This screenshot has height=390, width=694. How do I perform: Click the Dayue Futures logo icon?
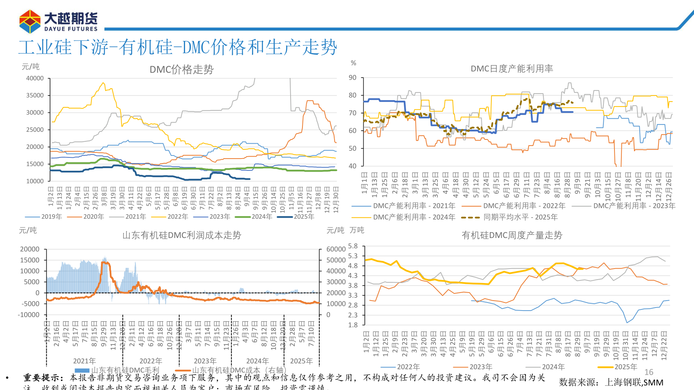coord(30,21)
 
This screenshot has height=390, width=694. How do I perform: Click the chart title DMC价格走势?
coord(181,70)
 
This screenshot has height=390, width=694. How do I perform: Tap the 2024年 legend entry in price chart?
coord(262,217)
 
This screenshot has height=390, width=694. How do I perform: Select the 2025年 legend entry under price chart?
coord(304,217)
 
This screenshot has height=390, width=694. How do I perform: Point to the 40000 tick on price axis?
coord(35,78)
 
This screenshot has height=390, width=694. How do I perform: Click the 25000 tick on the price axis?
coord(35,130)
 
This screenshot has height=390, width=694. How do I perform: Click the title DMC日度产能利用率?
coord(512,69)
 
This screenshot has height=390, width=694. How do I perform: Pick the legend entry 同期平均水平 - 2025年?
coord(520,217)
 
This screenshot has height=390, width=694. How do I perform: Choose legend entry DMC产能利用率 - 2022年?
coord(524,206)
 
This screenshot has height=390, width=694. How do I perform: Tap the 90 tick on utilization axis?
coord(352,78)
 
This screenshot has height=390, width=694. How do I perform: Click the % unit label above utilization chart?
coord(353,63)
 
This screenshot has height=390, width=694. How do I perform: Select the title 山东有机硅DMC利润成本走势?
coord(182,235)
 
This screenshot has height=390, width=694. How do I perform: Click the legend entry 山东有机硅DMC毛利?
coord(125,370)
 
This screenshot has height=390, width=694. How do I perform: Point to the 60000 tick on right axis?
coord(336,249)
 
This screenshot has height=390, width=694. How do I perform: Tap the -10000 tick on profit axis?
coord(29,315)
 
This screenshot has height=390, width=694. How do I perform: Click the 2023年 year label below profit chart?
coord(205,361)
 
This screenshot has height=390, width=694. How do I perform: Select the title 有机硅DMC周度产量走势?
coord(512,235)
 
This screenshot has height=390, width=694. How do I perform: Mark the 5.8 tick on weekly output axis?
coord(353,246)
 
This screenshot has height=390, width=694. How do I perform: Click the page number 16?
coord(648,372)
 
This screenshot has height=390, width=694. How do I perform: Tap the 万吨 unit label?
coord(357,230)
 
